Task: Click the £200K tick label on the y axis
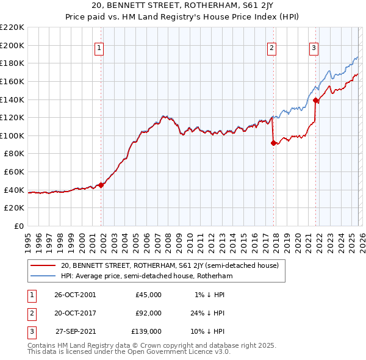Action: [12, 45]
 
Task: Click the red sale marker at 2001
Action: [101, 185]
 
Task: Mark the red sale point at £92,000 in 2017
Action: [273, 143]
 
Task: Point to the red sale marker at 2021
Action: [315, 100]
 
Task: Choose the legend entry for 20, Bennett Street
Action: [169, 265]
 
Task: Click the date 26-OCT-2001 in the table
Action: [75, 295]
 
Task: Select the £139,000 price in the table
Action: [146, 331]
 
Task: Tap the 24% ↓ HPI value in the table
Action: [206, 313]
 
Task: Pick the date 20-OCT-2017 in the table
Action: [75, 313]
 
